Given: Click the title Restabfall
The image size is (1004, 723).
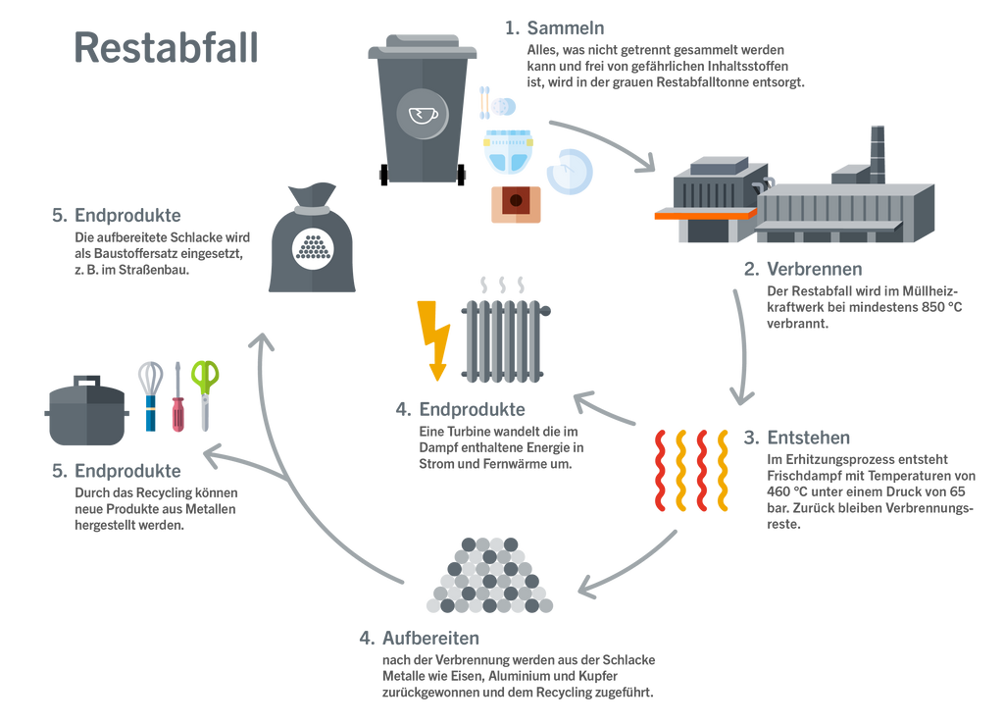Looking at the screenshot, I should click(166, 48).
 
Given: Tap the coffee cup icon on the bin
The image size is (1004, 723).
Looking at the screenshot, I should click(423, 116).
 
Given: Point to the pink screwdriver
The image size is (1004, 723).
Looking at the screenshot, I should click(177, 397).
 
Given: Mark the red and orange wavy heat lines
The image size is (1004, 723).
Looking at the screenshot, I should click(691, 469).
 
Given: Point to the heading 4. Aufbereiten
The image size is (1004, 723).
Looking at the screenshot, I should click(420, 639).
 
